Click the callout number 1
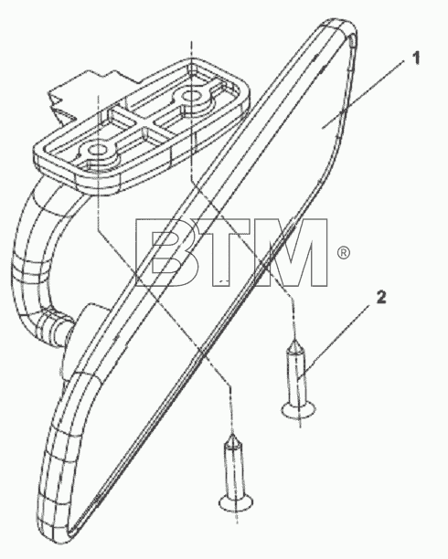[x=415, y=58]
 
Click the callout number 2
[x=381, y=297]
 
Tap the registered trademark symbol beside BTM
[x=344, y=253]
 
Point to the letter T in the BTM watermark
[x=227, y=252]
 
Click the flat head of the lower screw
[x=236, y=503]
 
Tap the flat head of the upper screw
[x=299, y=409]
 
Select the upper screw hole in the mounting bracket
[x=192, y=96]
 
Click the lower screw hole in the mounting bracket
[x=95, y=150]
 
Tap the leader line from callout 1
[x=363, y=94]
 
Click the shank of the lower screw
[x=234, y=469]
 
